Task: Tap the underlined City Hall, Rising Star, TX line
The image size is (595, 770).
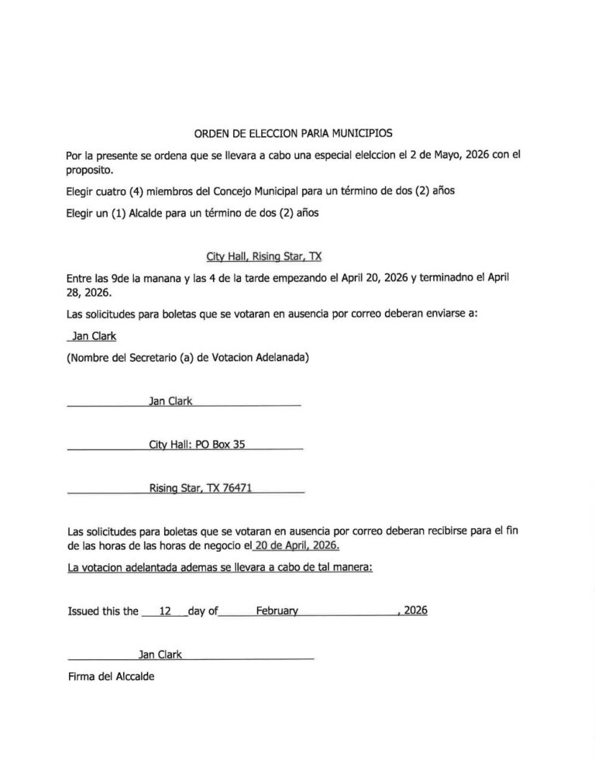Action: [x=258, y=256]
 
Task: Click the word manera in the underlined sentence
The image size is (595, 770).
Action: [x=353, y=567]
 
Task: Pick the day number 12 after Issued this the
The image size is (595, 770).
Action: [x=164, y=611]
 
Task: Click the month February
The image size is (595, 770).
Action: [x=277, y=611]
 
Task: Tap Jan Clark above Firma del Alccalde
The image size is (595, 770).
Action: [x=160, y=655]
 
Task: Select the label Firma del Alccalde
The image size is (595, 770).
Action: [x=112, y=676]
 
